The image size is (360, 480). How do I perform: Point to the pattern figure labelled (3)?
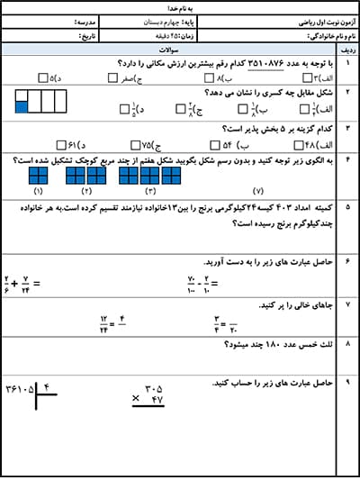coord(149,175)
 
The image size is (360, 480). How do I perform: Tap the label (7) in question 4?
coord(258,192)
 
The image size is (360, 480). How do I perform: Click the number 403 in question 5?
coord(271,208)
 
